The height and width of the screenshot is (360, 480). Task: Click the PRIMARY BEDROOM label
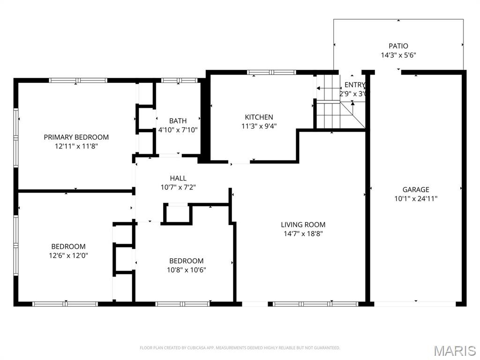(76, 137)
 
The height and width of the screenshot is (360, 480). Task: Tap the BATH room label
(178, 121)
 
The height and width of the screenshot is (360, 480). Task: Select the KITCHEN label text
(259, 117)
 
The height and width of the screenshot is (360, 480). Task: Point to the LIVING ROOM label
(303, 225)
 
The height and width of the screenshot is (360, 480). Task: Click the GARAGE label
(416, 190)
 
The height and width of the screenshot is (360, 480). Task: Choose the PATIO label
(398, 46)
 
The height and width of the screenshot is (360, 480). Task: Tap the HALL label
(178, 178)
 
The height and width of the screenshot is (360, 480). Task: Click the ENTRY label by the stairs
(354, 85)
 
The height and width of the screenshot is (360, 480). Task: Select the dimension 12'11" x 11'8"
(76, 146)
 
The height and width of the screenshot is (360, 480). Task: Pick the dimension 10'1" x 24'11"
(416, 198)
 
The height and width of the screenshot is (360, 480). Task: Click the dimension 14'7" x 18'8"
(303, 233)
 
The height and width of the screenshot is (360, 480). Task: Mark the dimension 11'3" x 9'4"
(259, 126)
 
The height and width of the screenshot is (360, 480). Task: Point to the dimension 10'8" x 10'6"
(187, 270)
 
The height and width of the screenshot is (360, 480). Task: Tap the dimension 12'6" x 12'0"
(68, 255)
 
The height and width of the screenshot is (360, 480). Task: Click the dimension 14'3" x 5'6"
(398, 55)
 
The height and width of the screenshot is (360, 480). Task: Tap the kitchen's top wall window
(271, 72)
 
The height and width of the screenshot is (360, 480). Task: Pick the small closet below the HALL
(177, 214)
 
